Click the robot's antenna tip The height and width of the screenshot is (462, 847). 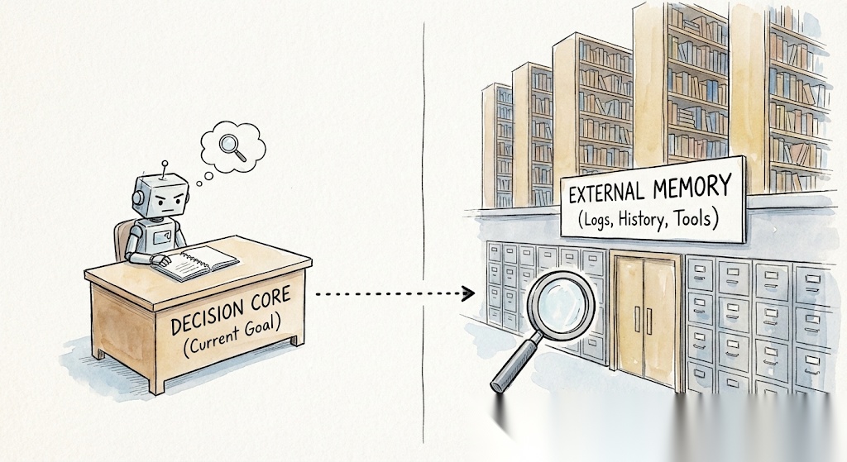165,163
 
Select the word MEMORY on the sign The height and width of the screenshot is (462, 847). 693,186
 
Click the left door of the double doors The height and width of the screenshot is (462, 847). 629,318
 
